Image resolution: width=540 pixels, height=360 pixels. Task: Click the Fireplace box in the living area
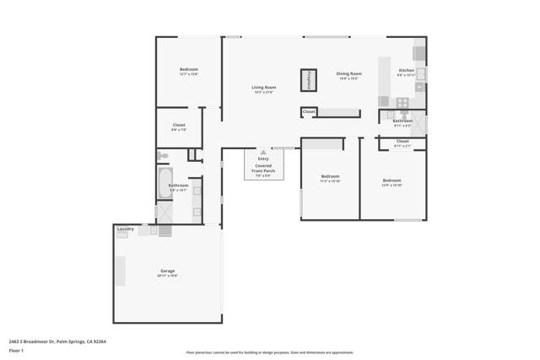coord(310,79)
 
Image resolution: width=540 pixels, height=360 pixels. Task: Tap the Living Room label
coord(263,88)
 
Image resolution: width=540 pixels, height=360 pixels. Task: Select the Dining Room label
coord(348,73)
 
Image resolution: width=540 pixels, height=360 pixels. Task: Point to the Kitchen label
coord(407,71)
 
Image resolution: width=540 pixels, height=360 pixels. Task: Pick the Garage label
coord(167,271)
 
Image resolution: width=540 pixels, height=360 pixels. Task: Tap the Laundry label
coord(126,228)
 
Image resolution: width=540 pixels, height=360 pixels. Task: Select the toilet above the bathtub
coord(164,156)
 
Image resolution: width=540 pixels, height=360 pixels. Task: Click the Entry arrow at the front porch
coord(263,153)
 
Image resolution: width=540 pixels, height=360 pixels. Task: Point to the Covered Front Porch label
coord(263,168)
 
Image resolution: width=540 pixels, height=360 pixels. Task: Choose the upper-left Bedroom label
coord(188,69)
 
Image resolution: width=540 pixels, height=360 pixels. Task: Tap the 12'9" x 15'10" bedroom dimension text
coord(391,185)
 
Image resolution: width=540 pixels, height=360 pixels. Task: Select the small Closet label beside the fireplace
coord(309,111)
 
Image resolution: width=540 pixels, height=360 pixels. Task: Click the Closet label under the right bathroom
coord(402,141)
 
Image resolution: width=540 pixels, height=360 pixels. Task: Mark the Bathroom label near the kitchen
coord(402,121)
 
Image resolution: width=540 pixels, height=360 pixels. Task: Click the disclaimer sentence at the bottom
coord(270,352)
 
